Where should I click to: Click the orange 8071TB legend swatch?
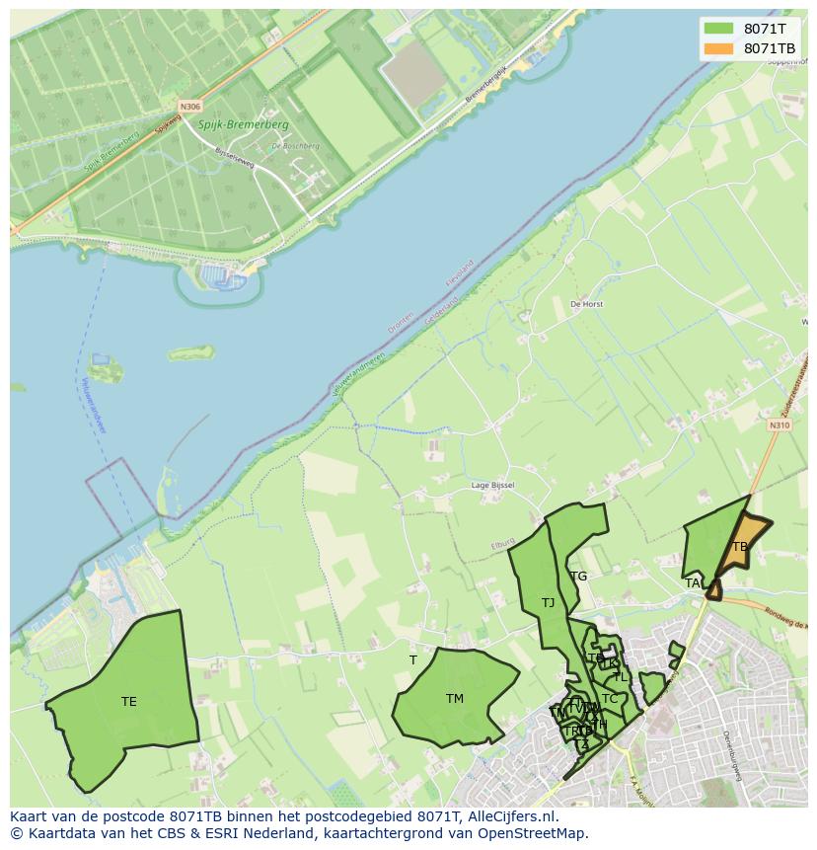pyautogui.click(x=719, y=48)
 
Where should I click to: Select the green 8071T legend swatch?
pyautogui.click(x=719, y=29)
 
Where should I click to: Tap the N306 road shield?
pyautogui.click(x=189, y=107)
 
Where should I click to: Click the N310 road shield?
pyautogui.click(x=779, y=425)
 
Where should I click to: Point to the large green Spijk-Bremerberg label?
pyautogui.click(x=244, y=125)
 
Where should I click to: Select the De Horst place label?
pyautogui.click(x=586, y=305)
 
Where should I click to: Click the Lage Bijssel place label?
pyautogui.click(x=492, y=486)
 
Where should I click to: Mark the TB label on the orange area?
pyautogui.click(x=740, y=547)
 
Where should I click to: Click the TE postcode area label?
pyautogui.click(x=128, y=702)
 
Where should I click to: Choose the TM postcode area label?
pyautogui.click(x=454, y=699)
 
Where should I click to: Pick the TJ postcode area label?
pyautogui.click(x=548, y=602)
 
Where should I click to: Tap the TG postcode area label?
pyautogui.click(x=578, y=577)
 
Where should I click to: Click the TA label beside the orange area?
pyautogui.click(x=693, y=583)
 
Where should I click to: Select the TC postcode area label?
pyautogui.click(x=610, y=699)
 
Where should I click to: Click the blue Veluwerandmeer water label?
pyautogui.click(x=95, y=406)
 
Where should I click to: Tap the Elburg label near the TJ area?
pyautogui.click(x=503, y=545)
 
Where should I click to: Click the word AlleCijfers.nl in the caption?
pyautogui.click(x=513, y=816)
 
